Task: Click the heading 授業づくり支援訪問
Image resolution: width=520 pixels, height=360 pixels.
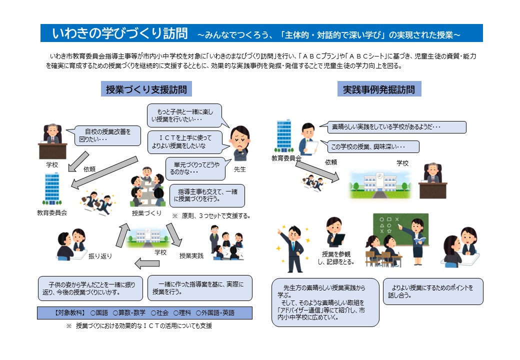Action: (x=146, y=89)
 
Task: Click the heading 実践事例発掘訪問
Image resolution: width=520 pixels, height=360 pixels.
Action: (x=379, y=89)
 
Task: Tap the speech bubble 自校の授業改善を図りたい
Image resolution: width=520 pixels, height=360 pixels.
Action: (x=107, y=135)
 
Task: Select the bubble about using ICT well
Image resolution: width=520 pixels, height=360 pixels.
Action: (x=184, y=142)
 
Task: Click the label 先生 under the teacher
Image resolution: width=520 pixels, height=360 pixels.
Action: (x=240, y=169)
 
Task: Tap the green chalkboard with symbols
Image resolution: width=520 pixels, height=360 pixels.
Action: (x=400, y=229)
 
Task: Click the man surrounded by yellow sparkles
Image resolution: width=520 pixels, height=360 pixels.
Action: (x=293, y=248)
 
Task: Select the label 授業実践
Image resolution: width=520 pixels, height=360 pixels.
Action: (x=191, y=256)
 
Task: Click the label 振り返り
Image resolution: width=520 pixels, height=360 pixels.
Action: (x=100, y=256)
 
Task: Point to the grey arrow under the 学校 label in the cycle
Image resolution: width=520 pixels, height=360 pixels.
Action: (x=147, y=263)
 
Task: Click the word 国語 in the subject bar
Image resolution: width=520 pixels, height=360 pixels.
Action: (x=102, y=312)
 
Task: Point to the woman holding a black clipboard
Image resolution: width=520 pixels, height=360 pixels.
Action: (x=335, y=232)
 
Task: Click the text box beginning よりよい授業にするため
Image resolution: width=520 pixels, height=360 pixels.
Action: (x=433, y=291)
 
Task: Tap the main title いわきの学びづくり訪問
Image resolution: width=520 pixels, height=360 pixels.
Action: (x=120, y=33)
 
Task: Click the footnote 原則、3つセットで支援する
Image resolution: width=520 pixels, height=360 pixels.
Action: (x=215, y=216)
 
